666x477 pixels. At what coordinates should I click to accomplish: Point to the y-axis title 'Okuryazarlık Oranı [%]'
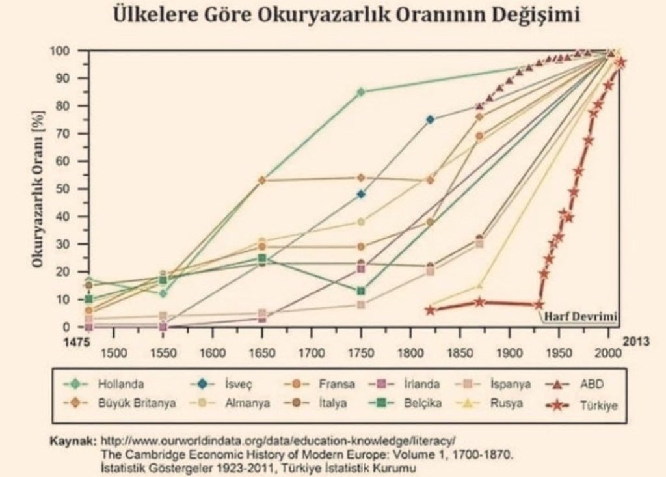tap(38, 189)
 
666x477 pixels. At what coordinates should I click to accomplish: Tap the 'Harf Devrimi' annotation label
tap(579, 316)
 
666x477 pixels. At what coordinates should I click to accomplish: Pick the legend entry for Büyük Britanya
tap(137, 403)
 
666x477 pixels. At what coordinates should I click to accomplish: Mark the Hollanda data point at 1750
tap(361, 92)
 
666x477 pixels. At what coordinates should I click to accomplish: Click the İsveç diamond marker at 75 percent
tap(430, 119)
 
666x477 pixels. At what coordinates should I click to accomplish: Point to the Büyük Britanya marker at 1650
tap(262, 180)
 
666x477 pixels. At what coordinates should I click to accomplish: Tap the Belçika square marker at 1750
tap(361, 291)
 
